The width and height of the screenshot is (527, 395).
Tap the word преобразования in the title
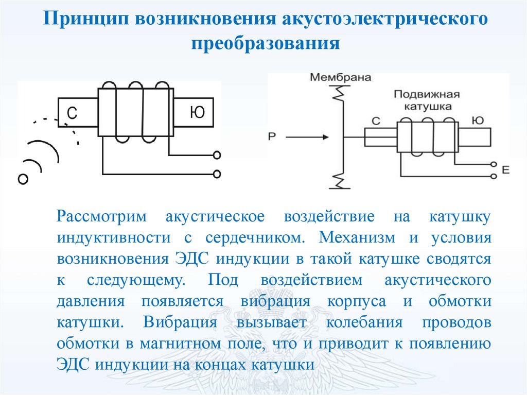click(x=266, y=43)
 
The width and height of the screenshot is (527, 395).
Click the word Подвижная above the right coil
click(x=426, y=95)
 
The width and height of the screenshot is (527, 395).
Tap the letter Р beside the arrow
click(x=272, y=136)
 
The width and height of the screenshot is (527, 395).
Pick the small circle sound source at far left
click(x=22, y=179)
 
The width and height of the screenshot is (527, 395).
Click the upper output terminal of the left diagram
click(x=217, y=154)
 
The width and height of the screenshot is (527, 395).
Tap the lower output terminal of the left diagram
click(x=217, y=174)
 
